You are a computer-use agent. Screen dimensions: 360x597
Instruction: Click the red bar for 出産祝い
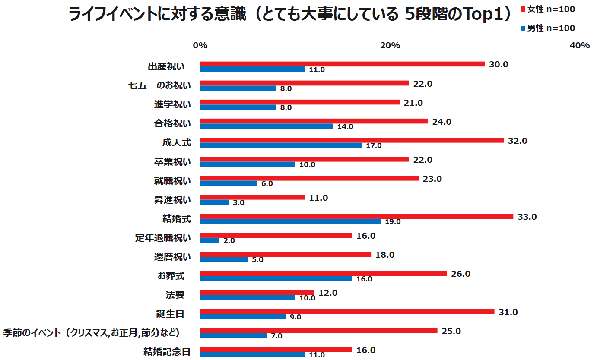tap(342, 64)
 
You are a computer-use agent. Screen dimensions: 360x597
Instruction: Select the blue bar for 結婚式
tap(290, 221)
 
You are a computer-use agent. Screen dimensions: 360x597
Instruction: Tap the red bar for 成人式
tap(352, 140)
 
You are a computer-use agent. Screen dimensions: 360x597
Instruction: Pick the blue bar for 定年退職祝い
tap(210, 240)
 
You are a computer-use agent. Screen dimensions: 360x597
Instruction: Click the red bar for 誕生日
tap(347, 312)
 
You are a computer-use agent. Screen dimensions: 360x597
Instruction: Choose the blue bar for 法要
tap(248, 297)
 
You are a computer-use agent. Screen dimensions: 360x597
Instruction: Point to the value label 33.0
tap(527, 217)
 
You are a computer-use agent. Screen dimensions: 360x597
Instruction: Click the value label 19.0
tap(393, 222)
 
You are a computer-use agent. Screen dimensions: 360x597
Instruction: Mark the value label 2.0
tap(229, 241)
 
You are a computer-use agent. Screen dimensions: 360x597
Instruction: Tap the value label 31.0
tap(508, 312)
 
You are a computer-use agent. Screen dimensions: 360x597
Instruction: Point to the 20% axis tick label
tap(390, 46)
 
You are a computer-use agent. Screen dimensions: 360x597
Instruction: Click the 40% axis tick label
tap(580, 46)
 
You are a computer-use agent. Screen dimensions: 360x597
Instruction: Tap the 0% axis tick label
tap(200, 46)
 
